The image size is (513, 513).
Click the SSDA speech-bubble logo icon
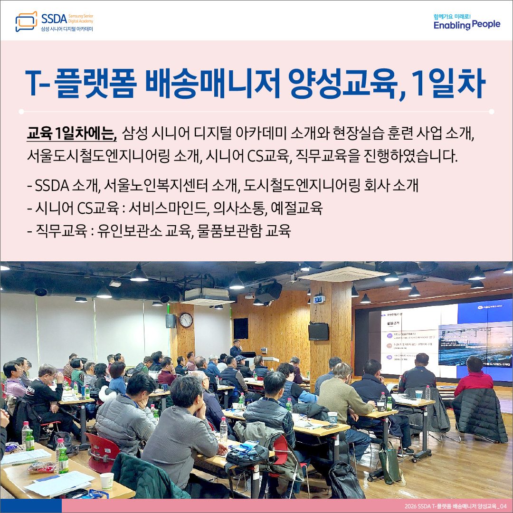26,21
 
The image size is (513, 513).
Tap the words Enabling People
466,25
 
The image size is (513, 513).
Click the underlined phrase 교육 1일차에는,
72,134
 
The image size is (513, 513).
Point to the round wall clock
186,320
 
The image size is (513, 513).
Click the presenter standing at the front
236,349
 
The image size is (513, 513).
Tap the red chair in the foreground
102,451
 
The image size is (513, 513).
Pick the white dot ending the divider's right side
491,112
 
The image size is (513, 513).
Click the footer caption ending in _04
454,506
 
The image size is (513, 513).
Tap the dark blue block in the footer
30,506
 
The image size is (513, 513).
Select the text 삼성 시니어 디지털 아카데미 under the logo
67,29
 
